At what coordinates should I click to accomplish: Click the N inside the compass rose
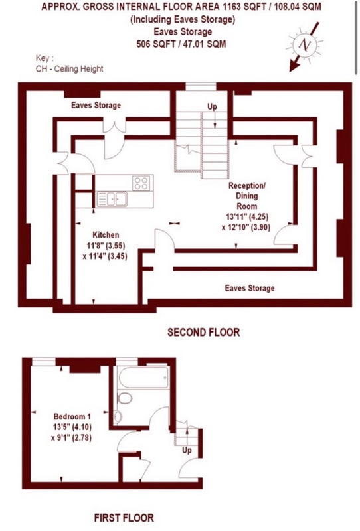click(306, 44)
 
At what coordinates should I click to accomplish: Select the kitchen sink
click(112, 199)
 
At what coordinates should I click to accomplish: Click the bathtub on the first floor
click(143, 377)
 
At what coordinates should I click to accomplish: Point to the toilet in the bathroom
click(125, 398)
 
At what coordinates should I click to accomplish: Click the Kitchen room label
click(106, 235)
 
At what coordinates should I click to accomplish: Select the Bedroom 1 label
click(72, 417)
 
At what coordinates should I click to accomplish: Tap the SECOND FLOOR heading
click(203, 333)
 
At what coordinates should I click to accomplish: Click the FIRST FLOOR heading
click(124, 518)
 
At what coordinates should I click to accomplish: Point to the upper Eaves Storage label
click(96, 105)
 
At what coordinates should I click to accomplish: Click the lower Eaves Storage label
click(250, 288)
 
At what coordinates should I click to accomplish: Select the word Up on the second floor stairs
click(212, 106)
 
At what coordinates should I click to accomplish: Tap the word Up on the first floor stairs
click(187, 451)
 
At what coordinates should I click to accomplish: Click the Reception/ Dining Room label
click(247, 196)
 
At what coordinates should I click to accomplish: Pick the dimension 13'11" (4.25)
click(247, 217)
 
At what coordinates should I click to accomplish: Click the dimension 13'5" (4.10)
click(72, 427)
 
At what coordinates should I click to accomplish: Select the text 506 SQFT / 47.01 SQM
click(181, 44)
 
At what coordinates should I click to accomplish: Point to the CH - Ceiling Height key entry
click(70, 69)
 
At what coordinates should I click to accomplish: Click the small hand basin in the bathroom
click(118, 417)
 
